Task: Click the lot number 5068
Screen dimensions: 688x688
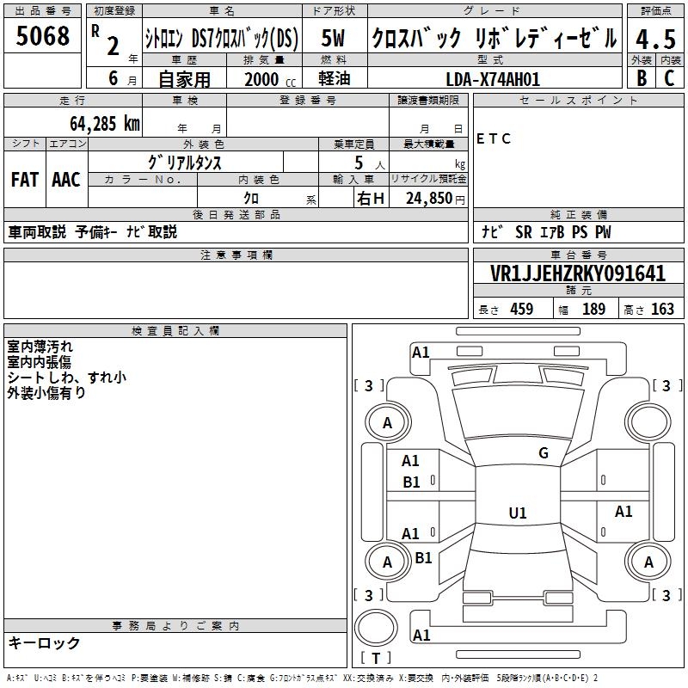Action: point(42,36)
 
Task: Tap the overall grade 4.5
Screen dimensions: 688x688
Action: point(655,39)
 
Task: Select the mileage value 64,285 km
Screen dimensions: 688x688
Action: point(105,124)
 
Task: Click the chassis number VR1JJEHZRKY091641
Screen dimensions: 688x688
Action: point(578,273)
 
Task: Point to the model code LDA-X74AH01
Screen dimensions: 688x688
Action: point(493,79)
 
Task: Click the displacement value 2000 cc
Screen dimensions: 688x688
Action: point(270,79)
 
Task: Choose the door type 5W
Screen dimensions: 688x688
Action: point(333,38)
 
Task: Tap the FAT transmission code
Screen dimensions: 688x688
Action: point(25,180)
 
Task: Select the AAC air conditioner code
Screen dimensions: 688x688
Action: point(66,180)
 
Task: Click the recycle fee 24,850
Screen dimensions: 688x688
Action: point(429,199)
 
